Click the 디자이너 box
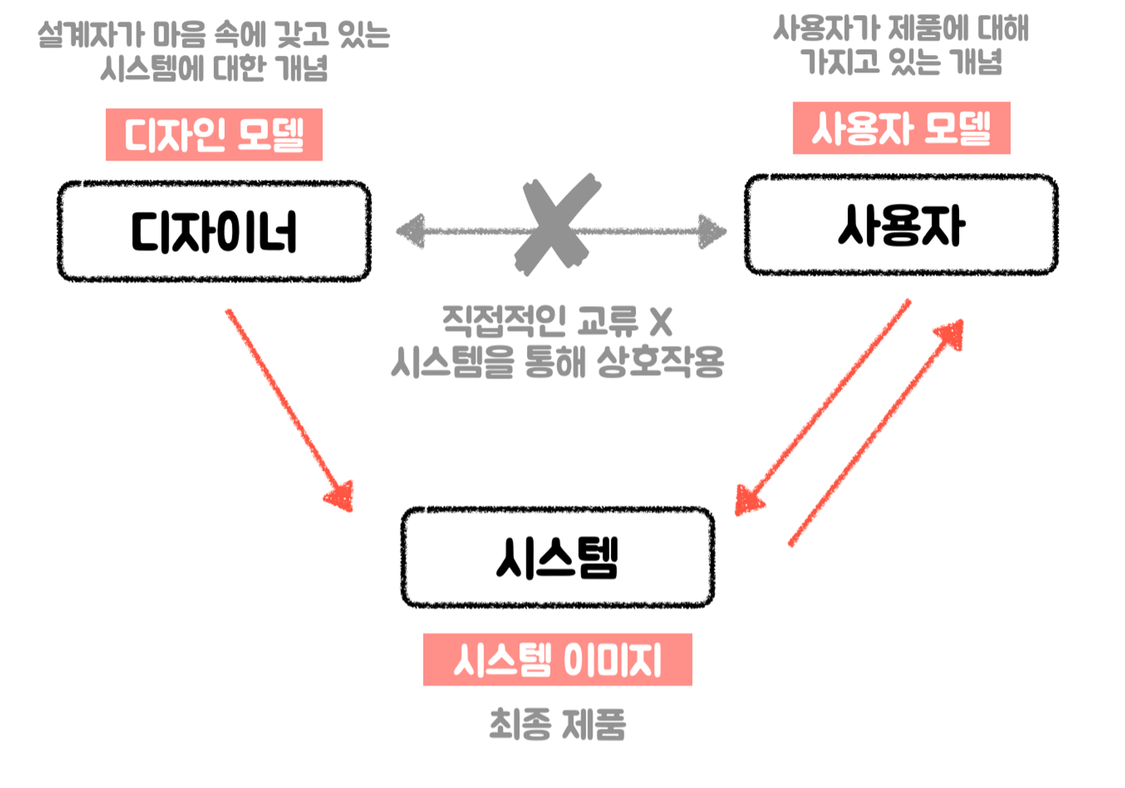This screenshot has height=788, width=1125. (x=214, y=231)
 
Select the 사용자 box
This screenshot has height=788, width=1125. (x=901, y=225)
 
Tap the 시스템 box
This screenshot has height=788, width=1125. (x=557, y=557)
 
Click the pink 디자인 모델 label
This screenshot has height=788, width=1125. (x=214, y=135)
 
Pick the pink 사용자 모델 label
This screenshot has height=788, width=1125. (x=901, y=128)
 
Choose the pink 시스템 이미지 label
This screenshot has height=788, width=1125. (x=557, y=659)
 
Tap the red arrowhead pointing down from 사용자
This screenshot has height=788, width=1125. (x=748, y=500)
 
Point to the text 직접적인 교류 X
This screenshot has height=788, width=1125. (x=557, y=321)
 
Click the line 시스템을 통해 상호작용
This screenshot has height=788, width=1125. (x=557, y=361)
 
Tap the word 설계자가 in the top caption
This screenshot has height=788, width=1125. (x=91, y=35)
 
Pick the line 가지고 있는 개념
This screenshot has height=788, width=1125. (x=901, y=61)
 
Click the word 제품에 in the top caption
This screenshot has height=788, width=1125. (x=928, y=28)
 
